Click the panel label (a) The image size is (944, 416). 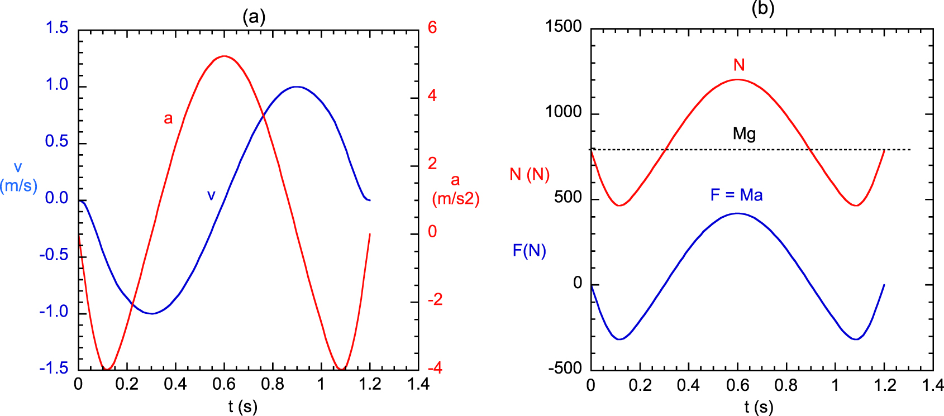254,16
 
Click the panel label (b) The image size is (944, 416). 763,8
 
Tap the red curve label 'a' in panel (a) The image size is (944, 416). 168,119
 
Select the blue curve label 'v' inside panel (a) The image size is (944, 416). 211,195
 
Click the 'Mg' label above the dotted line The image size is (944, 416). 744,134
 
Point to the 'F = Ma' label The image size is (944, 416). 736,195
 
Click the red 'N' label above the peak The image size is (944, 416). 739,65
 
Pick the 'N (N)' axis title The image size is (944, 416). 530,174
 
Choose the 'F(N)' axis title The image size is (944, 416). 530,251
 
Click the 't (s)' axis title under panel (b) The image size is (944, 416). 759,407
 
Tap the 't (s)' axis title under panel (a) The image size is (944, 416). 243,407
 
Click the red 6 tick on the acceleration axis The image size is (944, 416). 432,27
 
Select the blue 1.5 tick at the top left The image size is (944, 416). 57,28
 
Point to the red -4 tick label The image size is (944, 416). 435,368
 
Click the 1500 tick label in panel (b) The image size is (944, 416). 564,26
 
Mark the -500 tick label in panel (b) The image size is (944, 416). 565,368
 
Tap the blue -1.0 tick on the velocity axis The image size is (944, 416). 54,312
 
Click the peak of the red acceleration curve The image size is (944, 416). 224,56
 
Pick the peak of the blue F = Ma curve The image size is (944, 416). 737,213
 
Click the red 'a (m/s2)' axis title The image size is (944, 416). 456,189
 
